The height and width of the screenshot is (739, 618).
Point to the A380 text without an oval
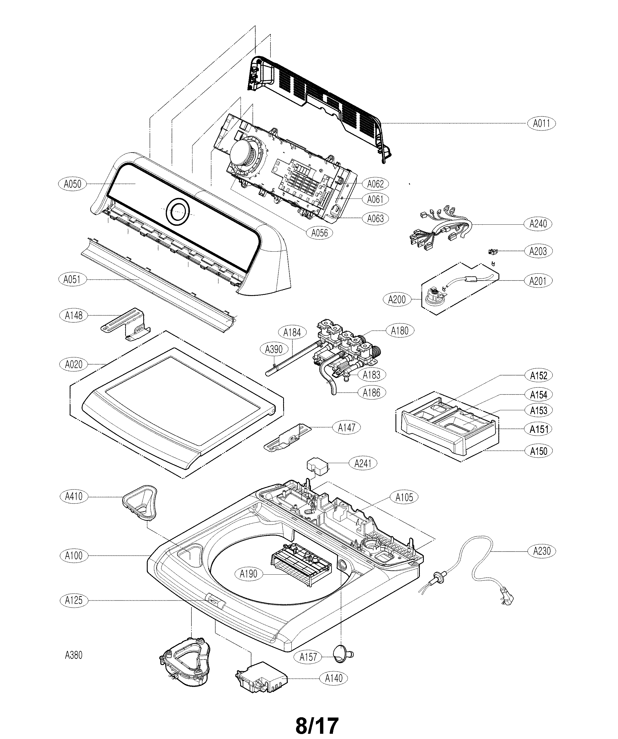click(x=74, y=655)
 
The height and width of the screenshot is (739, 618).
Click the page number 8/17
click(x=317, y=725)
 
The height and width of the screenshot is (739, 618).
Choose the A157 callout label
click(x=308, y=657)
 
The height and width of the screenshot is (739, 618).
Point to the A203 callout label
click(x=538, y=251)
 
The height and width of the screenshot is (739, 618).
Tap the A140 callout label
click(x=333, y=678)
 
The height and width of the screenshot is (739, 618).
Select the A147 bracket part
click(x=288, y=438)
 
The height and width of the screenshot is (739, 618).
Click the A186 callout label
click(x=371, y=392)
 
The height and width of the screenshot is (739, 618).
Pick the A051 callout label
click(x=72, y=279)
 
